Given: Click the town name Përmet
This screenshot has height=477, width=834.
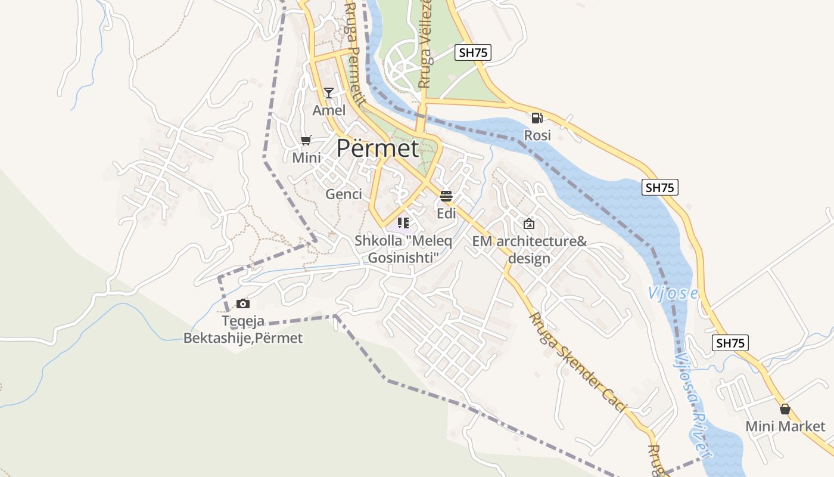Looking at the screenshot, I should pos(378,148).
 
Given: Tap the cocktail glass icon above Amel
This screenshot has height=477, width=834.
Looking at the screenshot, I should pos(328,92).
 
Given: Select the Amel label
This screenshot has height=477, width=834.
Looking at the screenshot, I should pos(329,110).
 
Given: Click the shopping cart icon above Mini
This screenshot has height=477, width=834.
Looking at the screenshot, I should pos(306,141).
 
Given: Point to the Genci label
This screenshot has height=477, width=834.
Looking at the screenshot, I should pos(344,194).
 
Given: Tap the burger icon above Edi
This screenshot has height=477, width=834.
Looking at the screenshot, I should pos(446,196).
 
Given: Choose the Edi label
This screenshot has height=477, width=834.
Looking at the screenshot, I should pos(446,213).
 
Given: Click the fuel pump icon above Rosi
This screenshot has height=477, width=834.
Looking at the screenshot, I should pos(537,118).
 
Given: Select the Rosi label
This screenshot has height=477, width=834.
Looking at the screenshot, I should pos(537,135).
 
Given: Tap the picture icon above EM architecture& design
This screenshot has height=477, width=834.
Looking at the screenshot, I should pos(529,224).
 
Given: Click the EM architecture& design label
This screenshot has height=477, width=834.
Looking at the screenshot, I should pos(530,250).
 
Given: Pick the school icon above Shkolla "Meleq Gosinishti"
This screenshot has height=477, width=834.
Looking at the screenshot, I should pos(403,223).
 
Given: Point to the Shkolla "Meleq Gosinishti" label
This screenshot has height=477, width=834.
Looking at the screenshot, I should pos(403,249).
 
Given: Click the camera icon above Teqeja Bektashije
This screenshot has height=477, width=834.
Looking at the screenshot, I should pos(243,304).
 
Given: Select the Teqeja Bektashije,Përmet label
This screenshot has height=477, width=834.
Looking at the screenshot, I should pos(243,330).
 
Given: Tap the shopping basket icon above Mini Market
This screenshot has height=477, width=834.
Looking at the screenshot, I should pos(785,409).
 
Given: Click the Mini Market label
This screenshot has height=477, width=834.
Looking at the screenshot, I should pos(785,426).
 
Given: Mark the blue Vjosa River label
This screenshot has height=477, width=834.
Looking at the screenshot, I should pos(692,405).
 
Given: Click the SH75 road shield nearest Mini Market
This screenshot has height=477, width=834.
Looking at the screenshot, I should pos(730,343).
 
